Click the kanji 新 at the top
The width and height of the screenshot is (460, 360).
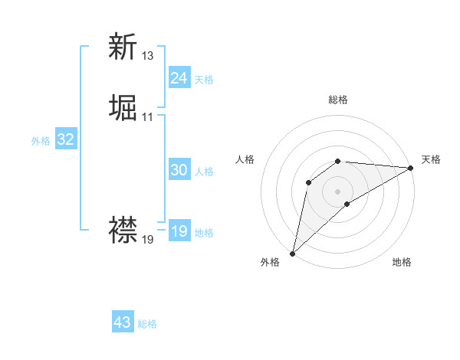pos(123,47)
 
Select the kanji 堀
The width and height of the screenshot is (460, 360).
pos(123,108)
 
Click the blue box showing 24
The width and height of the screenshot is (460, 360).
pos(179,78)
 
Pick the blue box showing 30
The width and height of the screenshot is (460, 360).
pos(179,170)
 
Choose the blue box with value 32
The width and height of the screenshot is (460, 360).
pos(66,139)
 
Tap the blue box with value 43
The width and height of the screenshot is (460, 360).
pos(123,322)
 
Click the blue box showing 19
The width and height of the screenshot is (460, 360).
pos(179,231)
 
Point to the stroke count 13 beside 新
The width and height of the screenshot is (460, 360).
pos(148,56)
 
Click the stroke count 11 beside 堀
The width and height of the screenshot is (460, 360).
pos(148,117)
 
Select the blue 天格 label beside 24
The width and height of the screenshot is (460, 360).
pos(204,80)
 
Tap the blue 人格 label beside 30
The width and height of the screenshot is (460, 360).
pos(204,172)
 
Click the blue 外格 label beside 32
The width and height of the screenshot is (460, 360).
pos(41,141)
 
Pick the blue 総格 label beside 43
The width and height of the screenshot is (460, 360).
pos(147,324)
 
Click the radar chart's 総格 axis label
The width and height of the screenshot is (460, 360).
pos(338,100)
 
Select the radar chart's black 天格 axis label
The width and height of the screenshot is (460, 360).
pos(431,159)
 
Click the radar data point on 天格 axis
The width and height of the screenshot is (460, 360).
pos(411,168)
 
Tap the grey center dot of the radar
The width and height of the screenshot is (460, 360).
pos(338,191)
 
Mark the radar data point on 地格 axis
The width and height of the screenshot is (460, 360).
pos(347,204)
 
